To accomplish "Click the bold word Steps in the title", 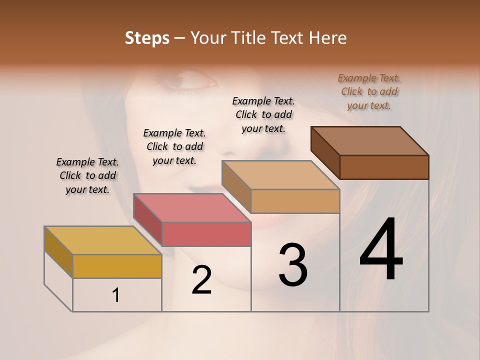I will click(x=147, y=38).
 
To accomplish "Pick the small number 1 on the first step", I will click(x=116, y=295).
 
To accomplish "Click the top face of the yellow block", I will click(x=102, y=240).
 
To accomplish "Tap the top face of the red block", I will click(x=192, y=207).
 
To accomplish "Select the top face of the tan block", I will click(x=280, y=175).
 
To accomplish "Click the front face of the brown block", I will click(x=384, y=167).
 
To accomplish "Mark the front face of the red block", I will click(x=206, y=234).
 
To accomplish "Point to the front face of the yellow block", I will click(x=117, y=266).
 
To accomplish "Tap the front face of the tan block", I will click(x=295, y=201).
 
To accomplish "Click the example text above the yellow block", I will click(x=87, y=175).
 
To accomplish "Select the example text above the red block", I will click(x=174, y=146).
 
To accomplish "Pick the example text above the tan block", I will click(x=263, y=114).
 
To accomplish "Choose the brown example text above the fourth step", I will click(x=369, y=91).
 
